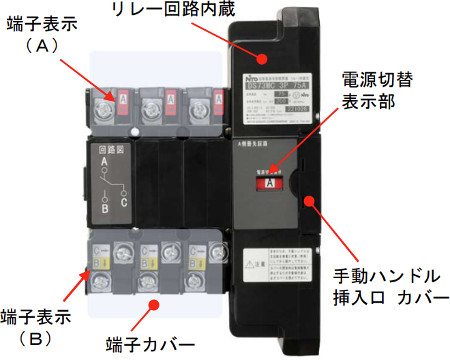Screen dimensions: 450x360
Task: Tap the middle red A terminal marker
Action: point(161,100)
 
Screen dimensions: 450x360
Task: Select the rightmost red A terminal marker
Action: point(198,100)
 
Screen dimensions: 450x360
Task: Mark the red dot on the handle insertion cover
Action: point(312,199)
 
